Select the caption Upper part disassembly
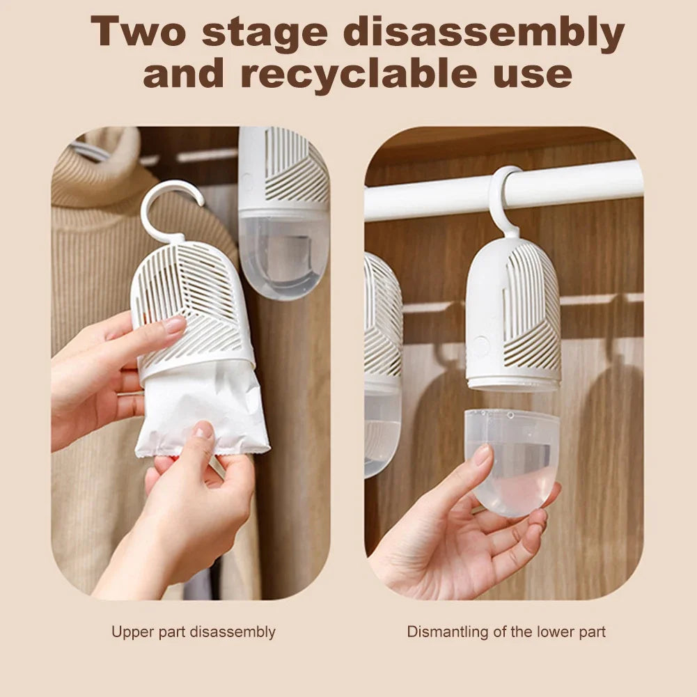click(193, 632)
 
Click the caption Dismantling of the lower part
click(506, 632)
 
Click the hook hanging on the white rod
click(503, 198)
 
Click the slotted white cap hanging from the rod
click(514, 313)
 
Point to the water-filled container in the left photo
click(284, 251)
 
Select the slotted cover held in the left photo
click(191, 306)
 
